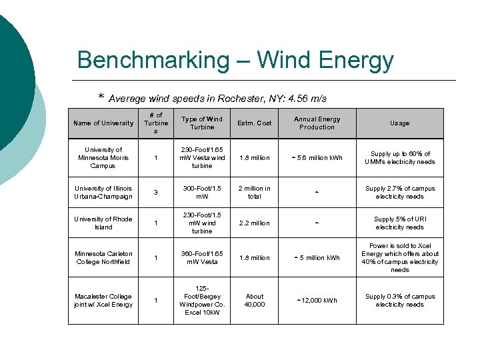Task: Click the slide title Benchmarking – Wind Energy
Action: [235, 60]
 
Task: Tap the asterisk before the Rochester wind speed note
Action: [101, 98]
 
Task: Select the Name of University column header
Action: [103, 123]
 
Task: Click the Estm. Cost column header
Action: [255, 123]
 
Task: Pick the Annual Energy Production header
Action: [317, 123]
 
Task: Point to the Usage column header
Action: [400, 123]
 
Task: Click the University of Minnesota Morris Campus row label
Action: [103, 158]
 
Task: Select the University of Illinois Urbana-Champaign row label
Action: [103, 193]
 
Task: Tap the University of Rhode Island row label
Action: [103, 223]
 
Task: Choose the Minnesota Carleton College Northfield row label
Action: [103, 258]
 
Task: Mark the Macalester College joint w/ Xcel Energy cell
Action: [103, 301]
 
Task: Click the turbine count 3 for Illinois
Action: [156, 193]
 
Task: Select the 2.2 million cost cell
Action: [255, 223]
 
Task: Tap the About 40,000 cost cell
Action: [255, 301]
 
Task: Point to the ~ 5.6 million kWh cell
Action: [317, 158]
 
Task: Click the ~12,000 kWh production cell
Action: [317, 301]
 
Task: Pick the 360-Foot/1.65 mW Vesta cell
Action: [202, 258]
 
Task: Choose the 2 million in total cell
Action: [255, 193]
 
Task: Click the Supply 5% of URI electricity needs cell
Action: [400, 223]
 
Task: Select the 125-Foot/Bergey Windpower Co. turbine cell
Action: [202, 301]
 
